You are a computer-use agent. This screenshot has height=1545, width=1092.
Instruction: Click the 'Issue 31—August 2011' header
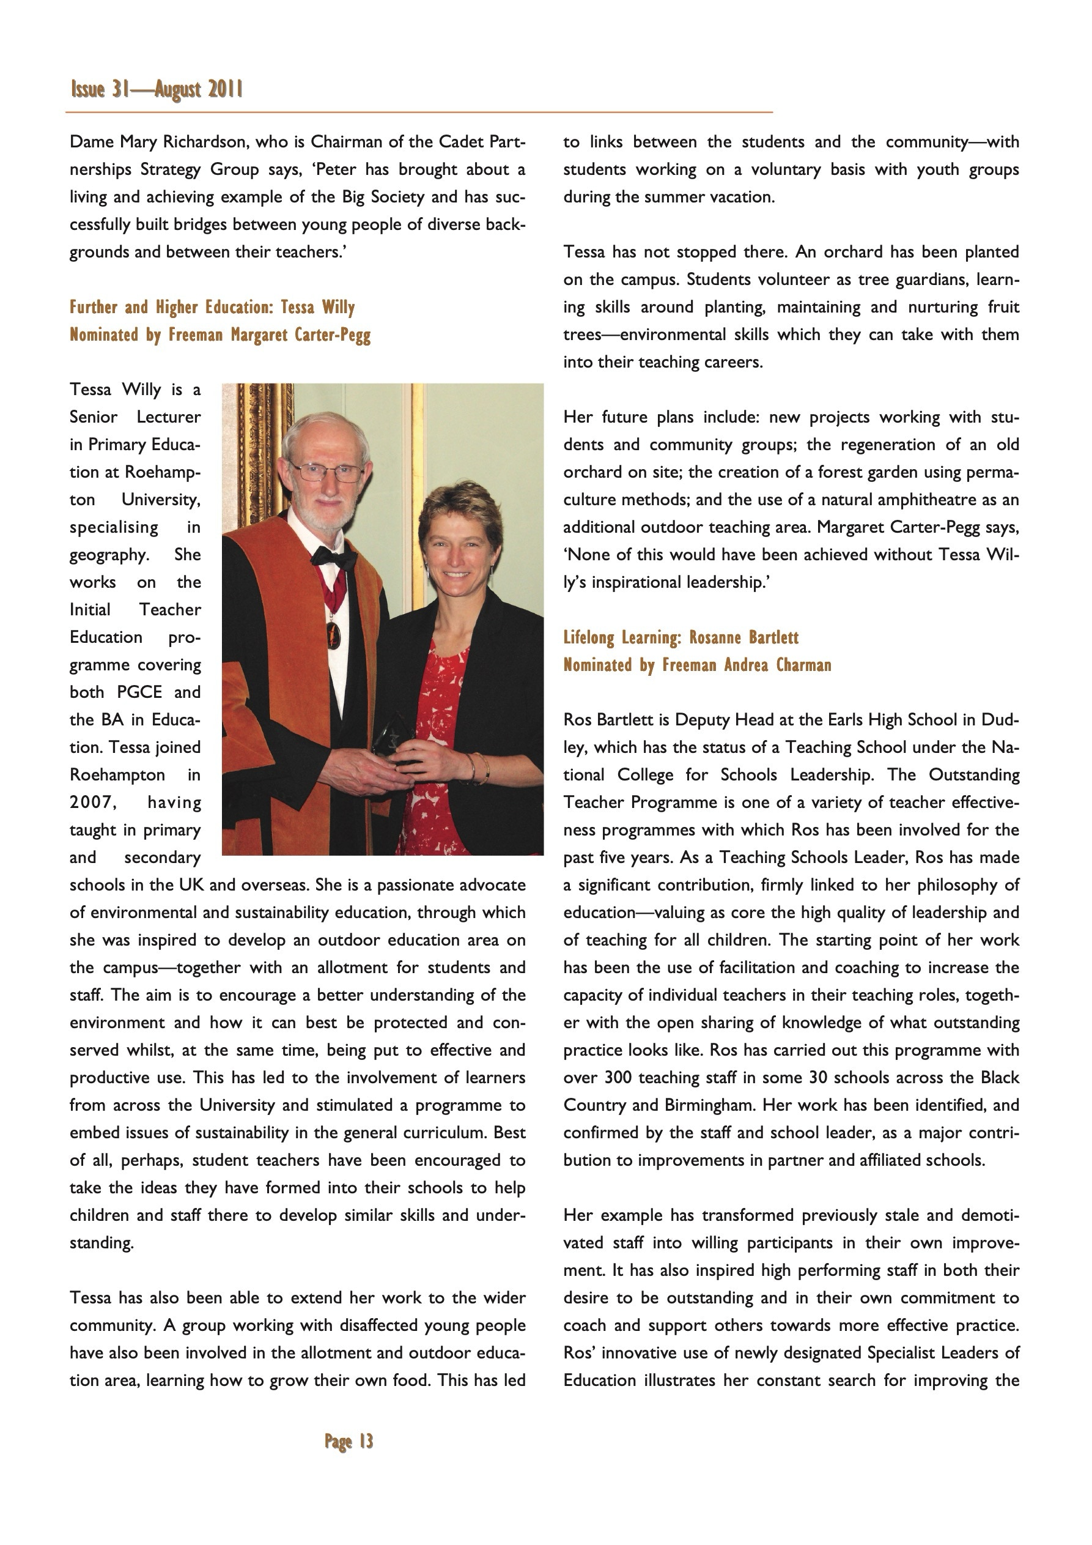156,89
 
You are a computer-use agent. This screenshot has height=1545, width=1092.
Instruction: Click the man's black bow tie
333,557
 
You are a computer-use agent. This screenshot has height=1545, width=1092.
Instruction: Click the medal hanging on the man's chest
333,633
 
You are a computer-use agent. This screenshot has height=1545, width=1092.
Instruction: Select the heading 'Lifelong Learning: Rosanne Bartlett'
681,637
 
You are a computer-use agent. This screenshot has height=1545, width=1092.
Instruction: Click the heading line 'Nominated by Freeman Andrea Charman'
697,665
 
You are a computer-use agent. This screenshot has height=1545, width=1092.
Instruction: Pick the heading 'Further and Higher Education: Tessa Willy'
212,308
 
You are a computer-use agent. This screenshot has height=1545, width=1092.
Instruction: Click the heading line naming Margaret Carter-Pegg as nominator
220,335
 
